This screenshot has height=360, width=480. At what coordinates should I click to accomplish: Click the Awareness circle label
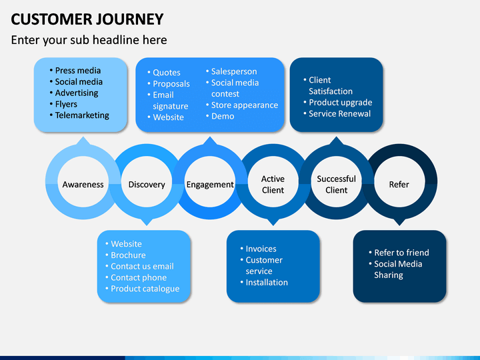83,184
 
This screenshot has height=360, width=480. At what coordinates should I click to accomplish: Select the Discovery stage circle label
147,184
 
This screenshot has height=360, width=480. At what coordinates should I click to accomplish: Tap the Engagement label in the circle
210,184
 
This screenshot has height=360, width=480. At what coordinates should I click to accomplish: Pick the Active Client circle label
273,184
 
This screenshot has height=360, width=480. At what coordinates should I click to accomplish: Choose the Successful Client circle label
336,184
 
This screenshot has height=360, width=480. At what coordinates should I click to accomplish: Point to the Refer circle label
399,184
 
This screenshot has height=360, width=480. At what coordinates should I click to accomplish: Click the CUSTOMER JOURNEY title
87,19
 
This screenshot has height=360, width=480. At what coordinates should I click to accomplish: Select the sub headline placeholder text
89,40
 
